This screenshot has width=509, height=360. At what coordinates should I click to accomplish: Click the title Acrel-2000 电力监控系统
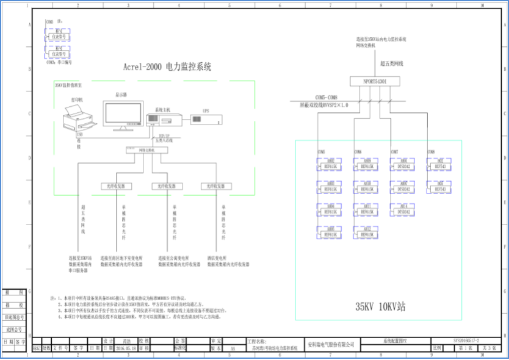[167, 68]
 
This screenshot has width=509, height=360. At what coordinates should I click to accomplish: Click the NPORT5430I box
[375, 81]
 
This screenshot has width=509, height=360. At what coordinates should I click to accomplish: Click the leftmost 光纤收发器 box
[112, 186]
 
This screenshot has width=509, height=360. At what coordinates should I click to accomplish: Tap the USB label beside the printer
[80, 134]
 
